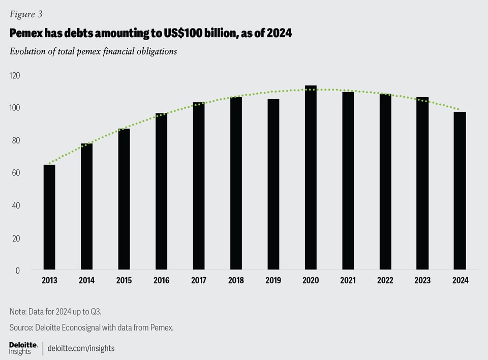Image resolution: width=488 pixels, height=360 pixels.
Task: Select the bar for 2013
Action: (49, 217)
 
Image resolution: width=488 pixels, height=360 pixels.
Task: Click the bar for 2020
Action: (311, 177)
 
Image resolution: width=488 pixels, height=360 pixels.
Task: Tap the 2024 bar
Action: (460, 191)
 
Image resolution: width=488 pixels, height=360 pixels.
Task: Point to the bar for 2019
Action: (273, 184)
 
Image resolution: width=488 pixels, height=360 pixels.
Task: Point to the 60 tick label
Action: (15, 173)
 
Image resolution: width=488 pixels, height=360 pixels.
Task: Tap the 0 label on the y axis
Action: (17, 271)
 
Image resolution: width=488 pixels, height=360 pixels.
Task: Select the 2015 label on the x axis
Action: (124, 281)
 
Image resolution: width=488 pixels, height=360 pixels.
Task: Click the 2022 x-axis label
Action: (385, 281)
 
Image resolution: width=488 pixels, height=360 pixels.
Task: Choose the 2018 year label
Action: (236, 281)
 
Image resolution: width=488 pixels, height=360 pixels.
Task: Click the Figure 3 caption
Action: (26, 14)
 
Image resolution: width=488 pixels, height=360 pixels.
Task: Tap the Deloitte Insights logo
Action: (23, 348)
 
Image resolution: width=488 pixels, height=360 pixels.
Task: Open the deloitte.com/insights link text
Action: (81, 348)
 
